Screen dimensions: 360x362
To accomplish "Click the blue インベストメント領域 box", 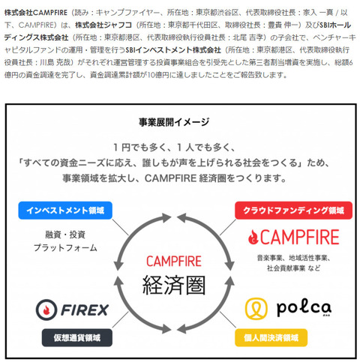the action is [65, 211].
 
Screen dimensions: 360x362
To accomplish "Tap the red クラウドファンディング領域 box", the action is [293, 211].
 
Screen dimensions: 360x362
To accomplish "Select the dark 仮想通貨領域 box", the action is [77, 337].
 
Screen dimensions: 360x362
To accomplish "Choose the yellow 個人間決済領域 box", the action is [271, 337].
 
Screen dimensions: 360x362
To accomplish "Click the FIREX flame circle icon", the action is [46, 310].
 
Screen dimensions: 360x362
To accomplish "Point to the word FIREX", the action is [85, 310].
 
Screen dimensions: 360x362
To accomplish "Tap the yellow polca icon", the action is [256, 309].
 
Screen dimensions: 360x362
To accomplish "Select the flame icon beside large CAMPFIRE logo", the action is [253, 237].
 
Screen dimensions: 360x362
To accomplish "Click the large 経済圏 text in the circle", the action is [174, 285].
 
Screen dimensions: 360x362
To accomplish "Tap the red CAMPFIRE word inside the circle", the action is [174, 262].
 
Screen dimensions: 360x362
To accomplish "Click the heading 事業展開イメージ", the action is [174, 122].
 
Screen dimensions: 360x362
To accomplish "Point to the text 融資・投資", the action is [65, 235].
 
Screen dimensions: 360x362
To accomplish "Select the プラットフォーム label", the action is [65, 248].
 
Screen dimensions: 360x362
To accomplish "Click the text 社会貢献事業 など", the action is [293, 268].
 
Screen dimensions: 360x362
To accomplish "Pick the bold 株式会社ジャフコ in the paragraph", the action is [103, 25].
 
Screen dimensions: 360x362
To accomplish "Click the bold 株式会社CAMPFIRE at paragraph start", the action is [36, 13].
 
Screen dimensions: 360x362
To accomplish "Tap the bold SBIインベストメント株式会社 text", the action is [173, 50].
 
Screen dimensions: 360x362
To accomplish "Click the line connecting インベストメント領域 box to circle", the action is [120, 227].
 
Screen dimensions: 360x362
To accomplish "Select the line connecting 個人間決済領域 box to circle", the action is [228, 319].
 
